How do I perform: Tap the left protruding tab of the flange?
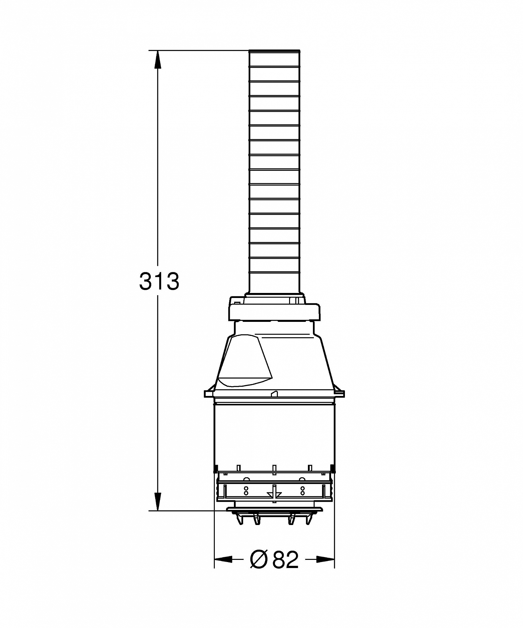pos(208,394)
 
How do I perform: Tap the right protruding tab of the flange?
pos(341,394)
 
